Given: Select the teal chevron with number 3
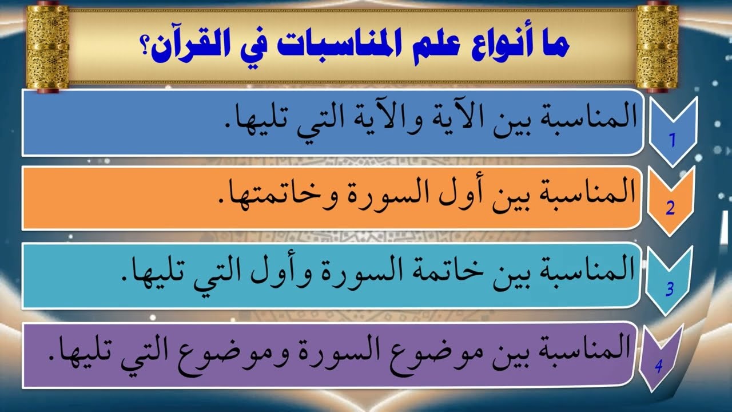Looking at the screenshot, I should click(x=670, y=280).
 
